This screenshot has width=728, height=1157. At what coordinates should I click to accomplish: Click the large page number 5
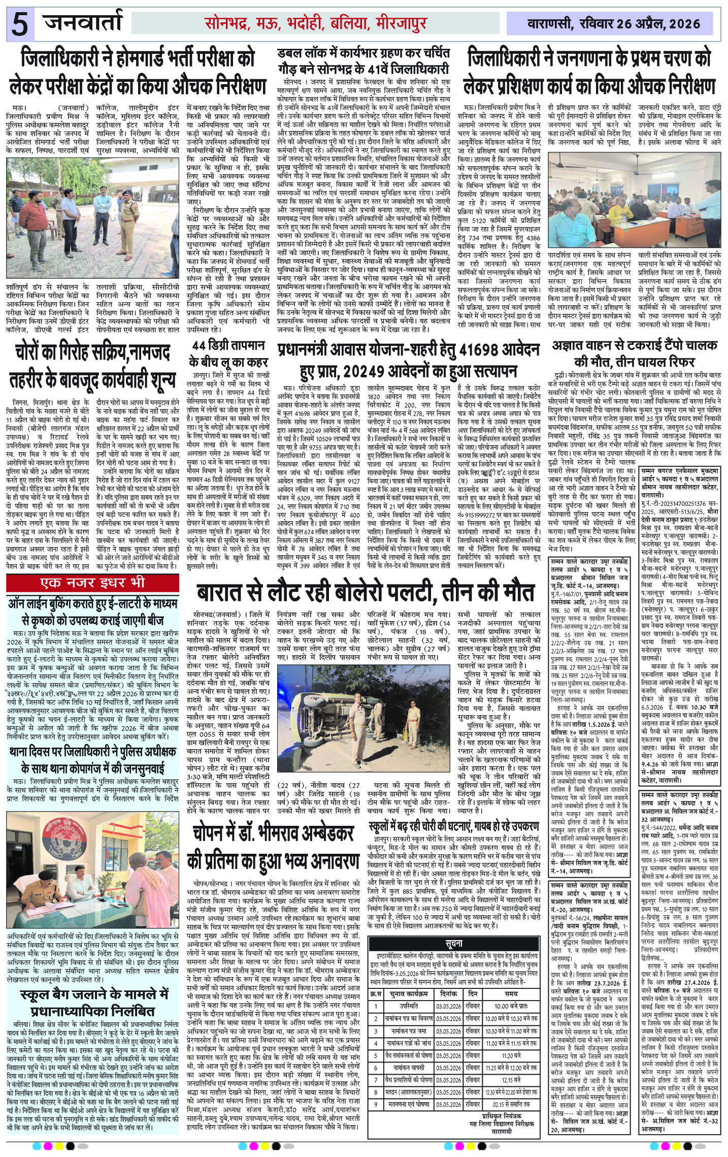coord(20,24)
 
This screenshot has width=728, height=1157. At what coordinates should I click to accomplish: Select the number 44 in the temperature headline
coord(200,346)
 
